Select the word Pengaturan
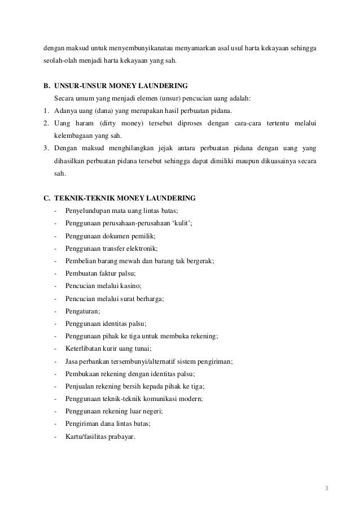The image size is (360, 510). [82, 311]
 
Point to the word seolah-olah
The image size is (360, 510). [60, 61]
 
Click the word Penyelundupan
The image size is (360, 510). [88, 211]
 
